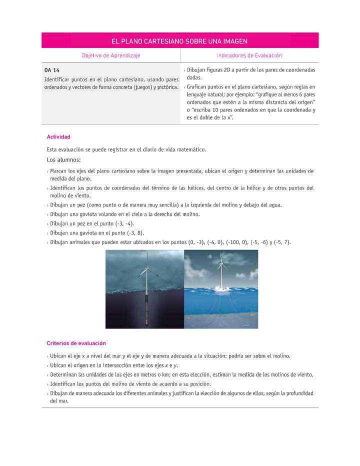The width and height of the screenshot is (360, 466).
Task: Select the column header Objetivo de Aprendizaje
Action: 111,55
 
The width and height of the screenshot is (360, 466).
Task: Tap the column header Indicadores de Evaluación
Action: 249,55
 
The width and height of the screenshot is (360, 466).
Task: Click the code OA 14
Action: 52,70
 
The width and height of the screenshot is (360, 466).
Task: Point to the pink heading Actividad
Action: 58,136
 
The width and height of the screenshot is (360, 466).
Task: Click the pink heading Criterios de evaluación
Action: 76,343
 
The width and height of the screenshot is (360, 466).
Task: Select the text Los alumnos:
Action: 63,160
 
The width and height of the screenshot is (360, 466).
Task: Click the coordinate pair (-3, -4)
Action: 122,223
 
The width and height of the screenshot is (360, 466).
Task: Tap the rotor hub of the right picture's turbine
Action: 220,266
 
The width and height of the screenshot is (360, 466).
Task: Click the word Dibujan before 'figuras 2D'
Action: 196,70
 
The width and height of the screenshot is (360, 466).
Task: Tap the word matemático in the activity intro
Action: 188,149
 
